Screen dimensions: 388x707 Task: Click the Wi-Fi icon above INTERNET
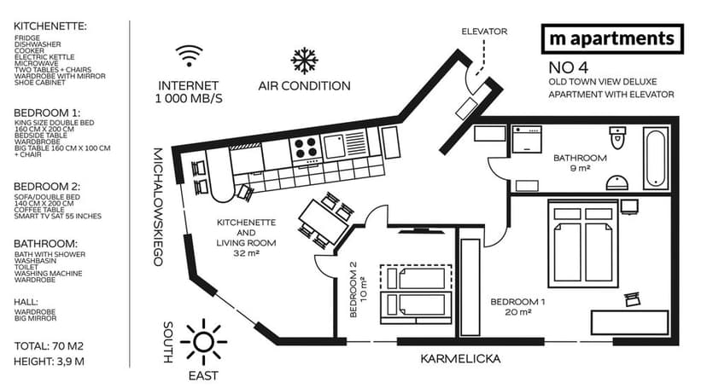point(190,57)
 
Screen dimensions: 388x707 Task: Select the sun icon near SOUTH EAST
point(204,342)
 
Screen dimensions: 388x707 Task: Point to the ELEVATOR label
point(484,32)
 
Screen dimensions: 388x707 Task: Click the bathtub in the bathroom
point(655,159)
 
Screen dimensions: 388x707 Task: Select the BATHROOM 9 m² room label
point(580,163)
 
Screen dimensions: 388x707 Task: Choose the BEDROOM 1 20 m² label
point(517,307)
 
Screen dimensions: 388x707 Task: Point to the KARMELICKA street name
point(459,359)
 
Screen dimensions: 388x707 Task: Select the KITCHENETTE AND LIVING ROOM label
point(246,236)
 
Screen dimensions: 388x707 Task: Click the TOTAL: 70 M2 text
point(49,346)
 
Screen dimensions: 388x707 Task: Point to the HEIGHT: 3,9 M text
point(49,362)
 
